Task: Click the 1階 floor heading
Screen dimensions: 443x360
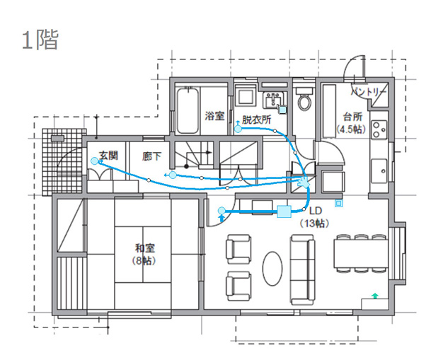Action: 40,40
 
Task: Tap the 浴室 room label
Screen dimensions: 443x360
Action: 214,116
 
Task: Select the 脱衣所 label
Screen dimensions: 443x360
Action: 257,120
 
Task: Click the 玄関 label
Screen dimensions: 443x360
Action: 108,156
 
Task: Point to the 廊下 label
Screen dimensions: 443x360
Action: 152,156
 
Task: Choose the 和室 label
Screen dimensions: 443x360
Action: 145,248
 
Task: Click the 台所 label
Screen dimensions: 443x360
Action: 352,117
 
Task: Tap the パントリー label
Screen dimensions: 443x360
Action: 369,92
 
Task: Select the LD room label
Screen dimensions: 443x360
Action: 316,211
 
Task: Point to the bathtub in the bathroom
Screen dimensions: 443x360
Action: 188,110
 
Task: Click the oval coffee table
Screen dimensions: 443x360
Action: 272,269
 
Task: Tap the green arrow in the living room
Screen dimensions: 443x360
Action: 375,296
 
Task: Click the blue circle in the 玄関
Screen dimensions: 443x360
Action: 95,161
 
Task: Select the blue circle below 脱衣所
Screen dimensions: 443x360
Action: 238,129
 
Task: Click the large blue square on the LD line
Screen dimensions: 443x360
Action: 284,211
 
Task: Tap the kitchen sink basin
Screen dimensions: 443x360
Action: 379,171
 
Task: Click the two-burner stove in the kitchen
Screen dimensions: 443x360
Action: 379,129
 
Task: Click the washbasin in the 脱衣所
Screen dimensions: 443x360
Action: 273,100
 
